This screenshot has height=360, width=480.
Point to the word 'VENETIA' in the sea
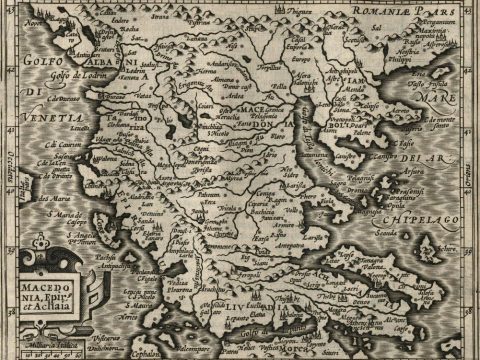click(x=37, y=119)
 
